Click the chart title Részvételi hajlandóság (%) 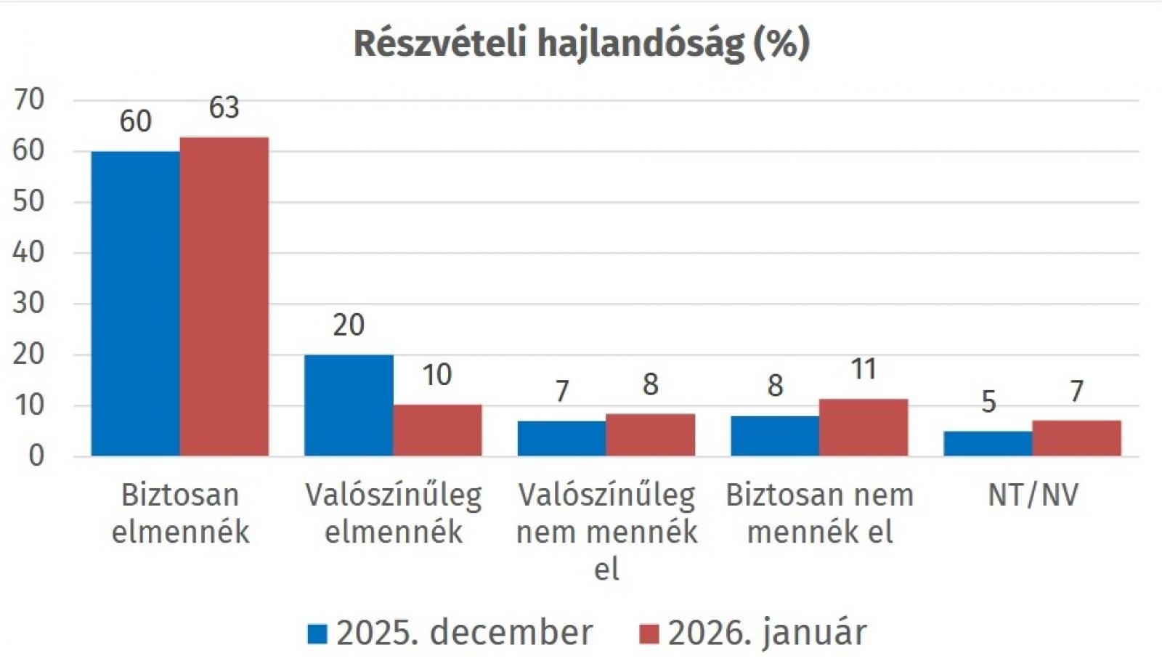(581, 44)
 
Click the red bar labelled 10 (437, 431)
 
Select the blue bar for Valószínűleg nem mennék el (562, 439)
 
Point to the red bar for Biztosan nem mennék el (864, 428)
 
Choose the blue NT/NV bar (988, 444)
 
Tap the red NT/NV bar (1076, 438)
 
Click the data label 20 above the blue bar (349, 325)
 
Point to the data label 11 (864, 369)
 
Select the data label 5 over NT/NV (988, 402)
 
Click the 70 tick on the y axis (29, 100)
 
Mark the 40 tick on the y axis (29, 252)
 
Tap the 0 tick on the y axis (36, 456)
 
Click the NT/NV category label (1033, 495)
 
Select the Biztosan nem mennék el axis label (820, 513)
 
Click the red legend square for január (649, 633)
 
